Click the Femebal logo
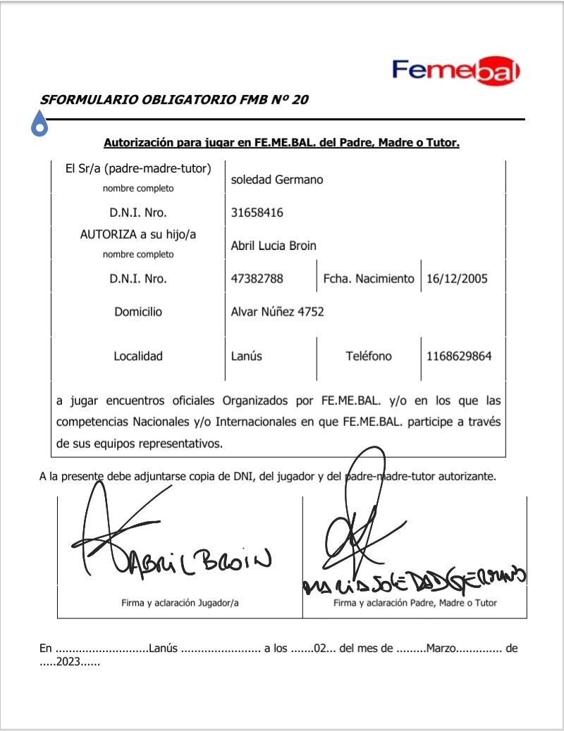456,70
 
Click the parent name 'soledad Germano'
277,180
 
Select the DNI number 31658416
257,213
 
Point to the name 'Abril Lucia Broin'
274,246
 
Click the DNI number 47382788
257,279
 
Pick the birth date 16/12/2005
457,279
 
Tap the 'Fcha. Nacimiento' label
369,279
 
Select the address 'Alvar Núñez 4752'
278,311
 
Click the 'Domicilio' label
138,311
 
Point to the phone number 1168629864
459,356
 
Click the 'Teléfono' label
369,356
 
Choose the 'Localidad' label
138,356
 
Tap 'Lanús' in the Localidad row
247,356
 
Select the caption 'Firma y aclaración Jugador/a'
179,603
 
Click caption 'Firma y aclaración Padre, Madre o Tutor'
415,603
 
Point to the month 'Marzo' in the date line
441,649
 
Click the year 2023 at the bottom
70,662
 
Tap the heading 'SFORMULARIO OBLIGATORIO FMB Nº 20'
174,99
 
